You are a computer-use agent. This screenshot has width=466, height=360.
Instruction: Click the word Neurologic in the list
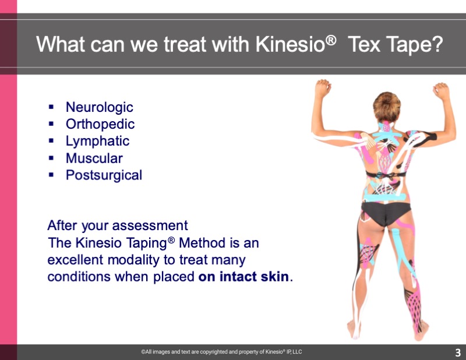click(99, 108)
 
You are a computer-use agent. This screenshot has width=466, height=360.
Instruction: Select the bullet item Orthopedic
click(100, 125)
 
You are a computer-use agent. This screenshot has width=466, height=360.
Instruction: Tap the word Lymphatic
click(97, 142)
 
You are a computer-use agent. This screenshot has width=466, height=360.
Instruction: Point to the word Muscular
click(94, 158)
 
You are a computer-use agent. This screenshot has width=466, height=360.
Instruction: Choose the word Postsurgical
click(104, 175)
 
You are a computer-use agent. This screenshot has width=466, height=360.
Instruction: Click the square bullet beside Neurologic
click(51, 107)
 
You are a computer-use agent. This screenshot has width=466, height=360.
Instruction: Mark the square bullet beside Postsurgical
click(51, 175)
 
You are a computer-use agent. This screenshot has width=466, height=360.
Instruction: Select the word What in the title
click(61, 45)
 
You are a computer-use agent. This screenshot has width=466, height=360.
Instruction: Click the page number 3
click(458, 352)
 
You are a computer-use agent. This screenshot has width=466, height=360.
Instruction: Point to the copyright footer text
click(221, 352)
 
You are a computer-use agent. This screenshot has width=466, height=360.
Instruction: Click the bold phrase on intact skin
click(243, 277)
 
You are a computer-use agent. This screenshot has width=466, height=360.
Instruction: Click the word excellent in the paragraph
click(75, 260)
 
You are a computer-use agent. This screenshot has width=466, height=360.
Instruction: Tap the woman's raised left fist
click(323, 88)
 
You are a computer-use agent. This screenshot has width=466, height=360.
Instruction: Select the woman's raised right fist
click(441, 91)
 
